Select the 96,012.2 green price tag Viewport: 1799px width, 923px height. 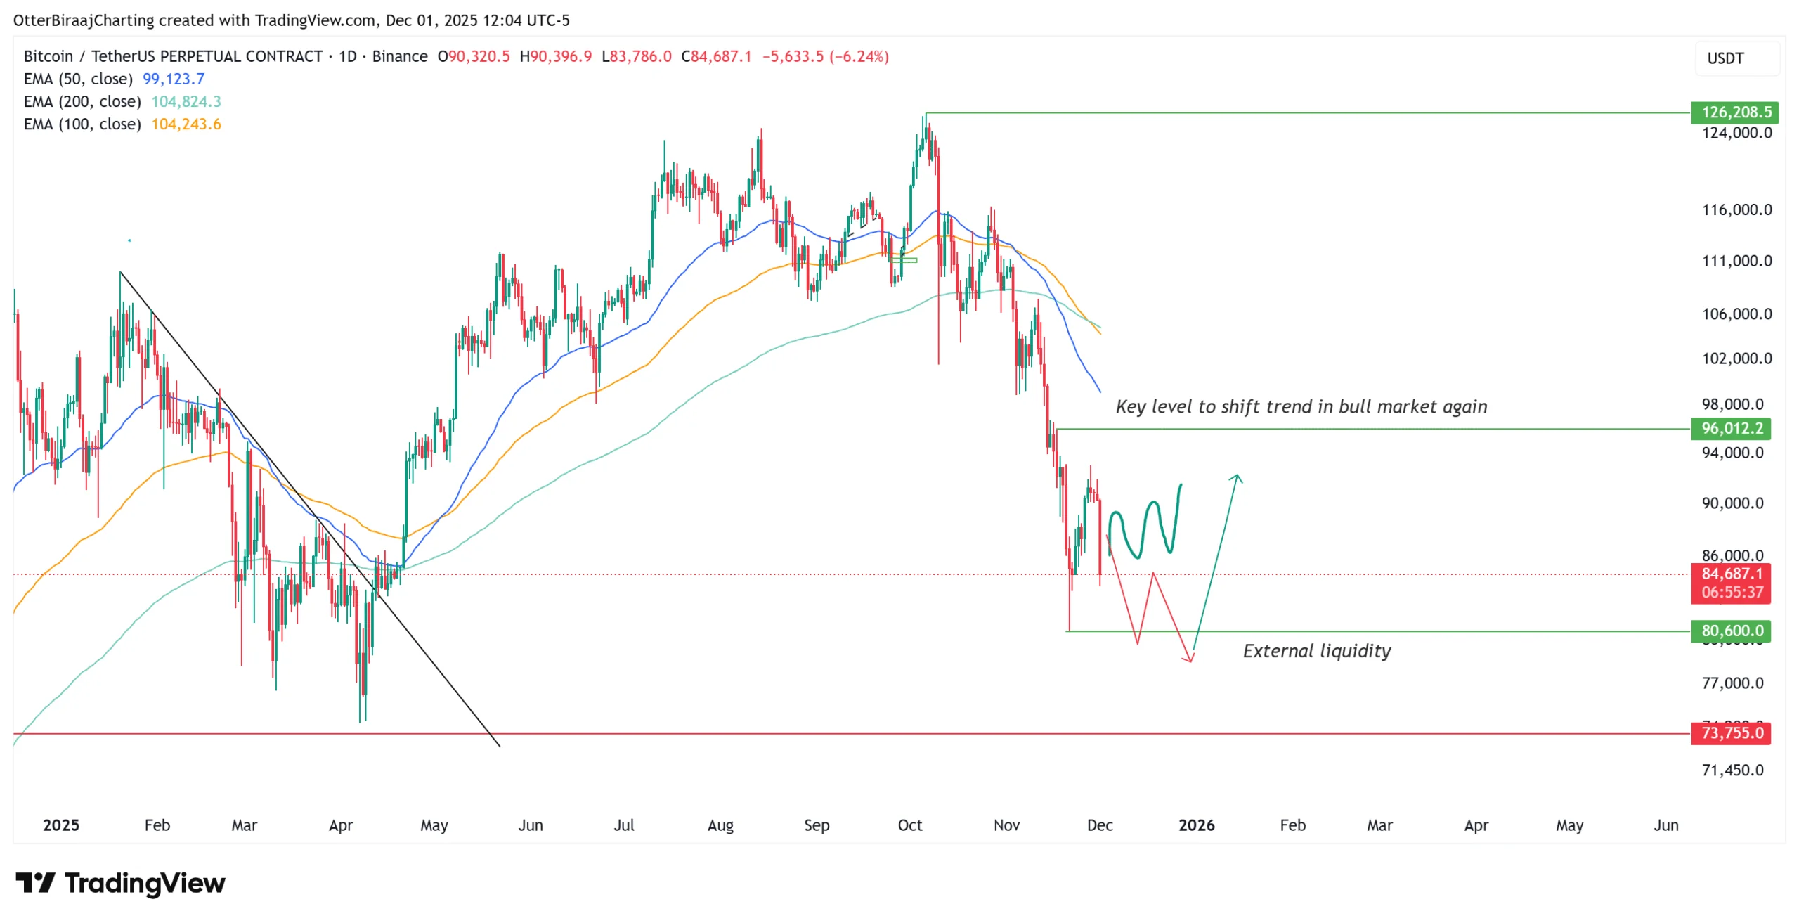point(1731,429)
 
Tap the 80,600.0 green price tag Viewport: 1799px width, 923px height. point(1731,631)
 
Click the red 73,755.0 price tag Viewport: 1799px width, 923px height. point(1731,734)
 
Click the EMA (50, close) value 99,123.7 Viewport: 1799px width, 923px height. point(174,79)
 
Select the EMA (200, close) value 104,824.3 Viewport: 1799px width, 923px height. point(186,101)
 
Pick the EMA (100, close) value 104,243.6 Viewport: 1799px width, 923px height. point(186,124)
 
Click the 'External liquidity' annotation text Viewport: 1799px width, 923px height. point(1317,652)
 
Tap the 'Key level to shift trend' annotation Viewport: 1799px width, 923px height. point(1301,407)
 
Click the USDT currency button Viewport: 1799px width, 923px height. point(1725,58)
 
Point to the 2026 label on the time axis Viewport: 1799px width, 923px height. point(1196,825)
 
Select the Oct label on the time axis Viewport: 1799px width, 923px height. point(909,825)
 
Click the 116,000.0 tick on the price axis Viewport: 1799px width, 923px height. point(1736,209)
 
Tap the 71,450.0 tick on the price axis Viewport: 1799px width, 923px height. point(1732,770)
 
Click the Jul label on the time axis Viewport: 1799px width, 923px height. point(624,825)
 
